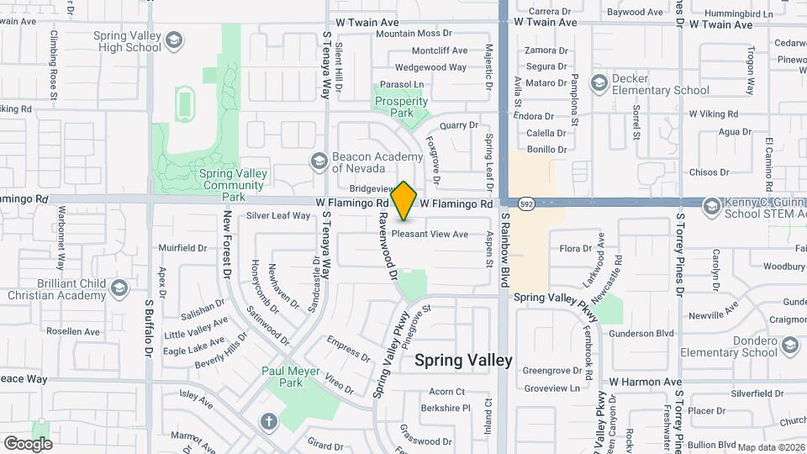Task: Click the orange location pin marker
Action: (x=404, y=200)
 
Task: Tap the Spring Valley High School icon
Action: (x=173, y=40)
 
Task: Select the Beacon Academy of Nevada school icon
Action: (x=319, y=160)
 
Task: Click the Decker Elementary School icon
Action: (x=599, y=82)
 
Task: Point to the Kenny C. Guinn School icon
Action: (x=711, y=206)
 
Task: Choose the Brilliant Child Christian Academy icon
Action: (x=118, y=288)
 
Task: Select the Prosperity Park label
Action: (x=401, y=107)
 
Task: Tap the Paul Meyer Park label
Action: (x=281, y=377)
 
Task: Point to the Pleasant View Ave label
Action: (x=430, y=235)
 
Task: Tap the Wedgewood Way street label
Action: (x=430, y=67)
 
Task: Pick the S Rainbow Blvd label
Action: (x=506, y=250)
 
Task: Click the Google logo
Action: (x=29, y=443)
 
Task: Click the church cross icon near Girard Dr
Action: (x=268, y=421)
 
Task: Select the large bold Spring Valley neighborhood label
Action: (x=463, y=360)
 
